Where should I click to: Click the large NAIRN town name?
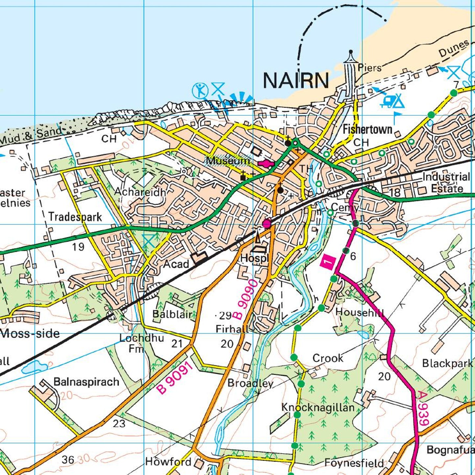296,81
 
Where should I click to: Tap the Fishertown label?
368,130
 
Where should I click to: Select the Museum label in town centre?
228,161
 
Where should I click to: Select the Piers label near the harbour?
369,68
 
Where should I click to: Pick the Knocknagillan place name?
318,408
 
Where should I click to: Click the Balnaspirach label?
86,382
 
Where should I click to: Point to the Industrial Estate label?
446,182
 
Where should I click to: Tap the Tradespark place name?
75,217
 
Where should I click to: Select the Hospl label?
254,258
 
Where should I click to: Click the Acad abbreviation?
176,264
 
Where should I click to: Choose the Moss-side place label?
30,334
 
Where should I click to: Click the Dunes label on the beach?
454,49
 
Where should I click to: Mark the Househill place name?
360,312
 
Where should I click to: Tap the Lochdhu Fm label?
141,343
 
